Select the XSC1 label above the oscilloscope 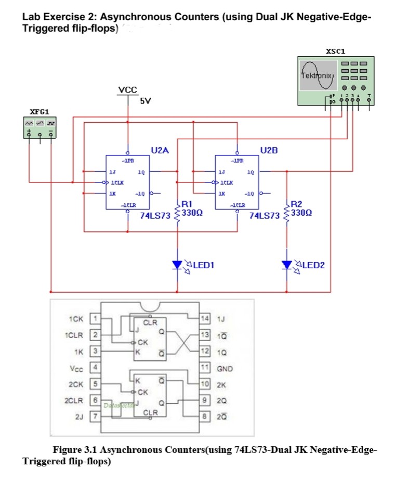pos(335,51)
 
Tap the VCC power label pos(128,90)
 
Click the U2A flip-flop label pos(160,150)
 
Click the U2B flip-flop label pos(269,150)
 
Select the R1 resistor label pos(187,204)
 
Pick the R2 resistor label pos(297,204)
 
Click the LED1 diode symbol pos(178,265)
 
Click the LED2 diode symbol pos(287,265)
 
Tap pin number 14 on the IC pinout pos(206,318)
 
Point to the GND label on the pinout pos(225,369)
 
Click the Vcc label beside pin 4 pos(76,368)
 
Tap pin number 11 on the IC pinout pos(206,369)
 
